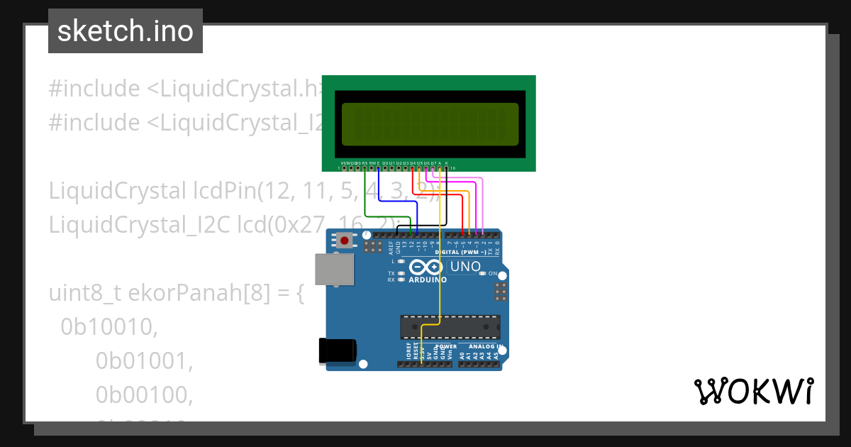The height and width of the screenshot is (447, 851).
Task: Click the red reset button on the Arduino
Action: point(345,241)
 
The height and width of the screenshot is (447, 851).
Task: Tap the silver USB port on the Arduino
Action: point(334,270)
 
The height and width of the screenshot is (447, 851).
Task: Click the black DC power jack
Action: point(338,351)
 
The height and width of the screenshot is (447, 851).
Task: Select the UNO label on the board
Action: point(465,267)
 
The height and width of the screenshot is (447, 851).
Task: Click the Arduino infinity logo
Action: point(425,267)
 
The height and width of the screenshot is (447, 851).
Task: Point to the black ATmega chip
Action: point(450,326)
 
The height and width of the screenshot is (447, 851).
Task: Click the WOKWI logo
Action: point(753,391)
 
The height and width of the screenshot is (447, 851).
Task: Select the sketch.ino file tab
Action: point(126,31)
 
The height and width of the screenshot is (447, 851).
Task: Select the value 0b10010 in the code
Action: point(109,326)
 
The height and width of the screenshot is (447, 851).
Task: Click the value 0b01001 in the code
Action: point(144,360)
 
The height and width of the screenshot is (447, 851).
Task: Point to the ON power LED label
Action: point(492,273)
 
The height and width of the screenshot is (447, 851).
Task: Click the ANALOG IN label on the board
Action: point(486,346)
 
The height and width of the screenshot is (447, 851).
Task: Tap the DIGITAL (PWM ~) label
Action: point(460,253)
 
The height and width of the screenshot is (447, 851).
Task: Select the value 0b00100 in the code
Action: point(144,394)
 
